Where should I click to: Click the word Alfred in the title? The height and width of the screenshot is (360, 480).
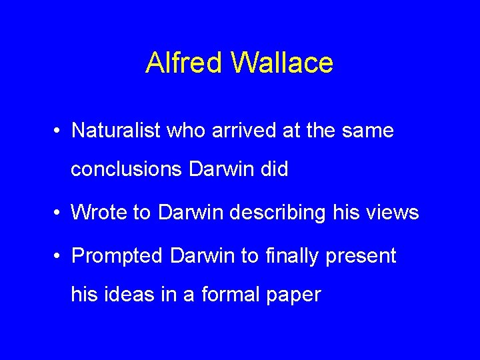184,63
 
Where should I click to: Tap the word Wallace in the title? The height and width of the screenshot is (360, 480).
282,63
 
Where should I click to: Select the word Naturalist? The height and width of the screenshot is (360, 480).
115,130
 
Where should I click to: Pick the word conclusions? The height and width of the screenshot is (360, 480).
126,169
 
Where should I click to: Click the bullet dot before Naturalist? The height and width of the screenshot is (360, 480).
59,131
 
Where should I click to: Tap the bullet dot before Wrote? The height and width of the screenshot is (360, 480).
59,213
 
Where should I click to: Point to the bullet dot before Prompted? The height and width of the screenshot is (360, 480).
59,256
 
